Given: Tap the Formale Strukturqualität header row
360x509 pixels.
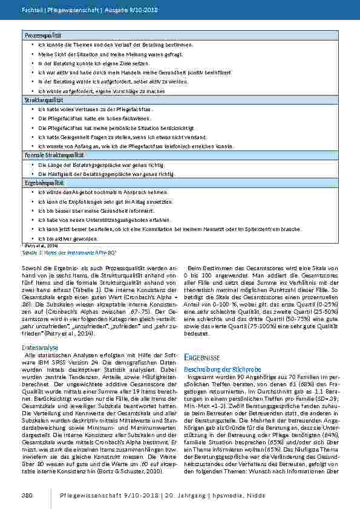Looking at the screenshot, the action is pos(45,155).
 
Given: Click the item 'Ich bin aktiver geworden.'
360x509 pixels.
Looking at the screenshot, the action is pos(64,238).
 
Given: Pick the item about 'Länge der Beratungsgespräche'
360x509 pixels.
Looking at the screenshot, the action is pos(100,164).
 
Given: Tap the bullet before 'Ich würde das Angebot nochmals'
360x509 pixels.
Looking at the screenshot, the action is pos(31,192).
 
